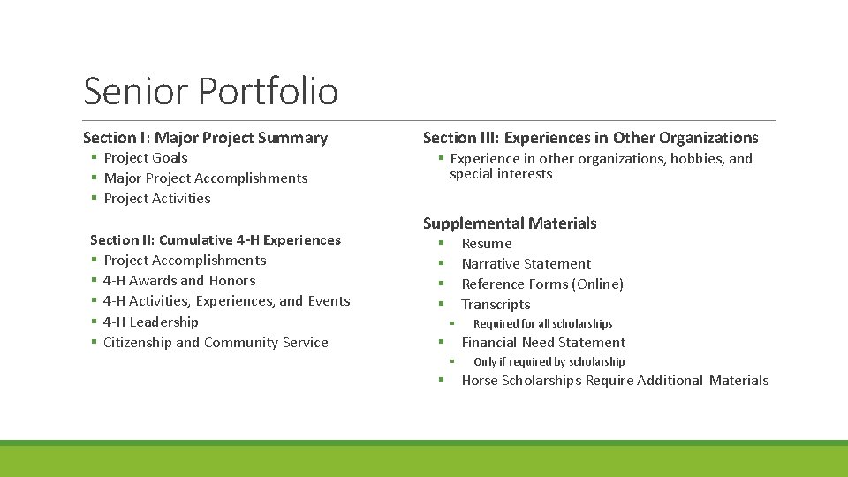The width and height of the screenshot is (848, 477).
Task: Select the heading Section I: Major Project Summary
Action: [x=205, y=138]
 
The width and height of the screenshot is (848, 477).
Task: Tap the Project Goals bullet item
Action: [x=146, y=158]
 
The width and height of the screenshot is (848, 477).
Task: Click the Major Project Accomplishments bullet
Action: [x=206, y=178]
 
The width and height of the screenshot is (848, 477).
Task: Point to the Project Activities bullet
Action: [x=157, y=199]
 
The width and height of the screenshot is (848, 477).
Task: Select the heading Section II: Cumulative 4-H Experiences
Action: [x=216, y=240]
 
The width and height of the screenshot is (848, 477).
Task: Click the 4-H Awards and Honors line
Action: [x=179, y=281]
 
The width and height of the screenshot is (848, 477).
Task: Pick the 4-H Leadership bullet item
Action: [x=151, y=322]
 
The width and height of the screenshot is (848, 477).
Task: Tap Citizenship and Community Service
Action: [x=216, y=343]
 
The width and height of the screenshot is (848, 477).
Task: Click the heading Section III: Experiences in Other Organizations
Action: [x=590, y=138]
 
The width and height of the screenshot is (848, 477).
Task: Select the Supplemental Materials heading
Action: [x=510, y=223]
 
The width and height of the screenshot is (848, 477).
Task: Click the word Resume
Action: [x=487, y=244]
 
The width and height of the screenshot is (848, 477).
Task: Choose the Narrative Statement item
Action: [x=526, y=264]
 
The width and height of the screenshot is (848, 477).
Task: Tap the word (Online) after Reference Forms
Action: [x=598, y=284]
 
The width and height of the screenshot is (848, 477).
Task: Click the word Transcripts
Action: [x=496, y=305]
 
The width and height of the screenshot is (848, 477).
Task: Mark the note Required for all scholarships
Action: [x=542, y=324]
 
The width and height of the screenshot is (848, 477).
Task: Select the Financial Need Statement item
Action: [x=543, y=343]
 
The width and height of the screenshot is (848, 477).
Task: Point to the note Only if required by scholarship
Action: [x=549, y=362]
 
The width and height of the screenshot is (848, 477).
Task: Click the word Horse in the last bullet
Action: [x=480, y=381]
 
